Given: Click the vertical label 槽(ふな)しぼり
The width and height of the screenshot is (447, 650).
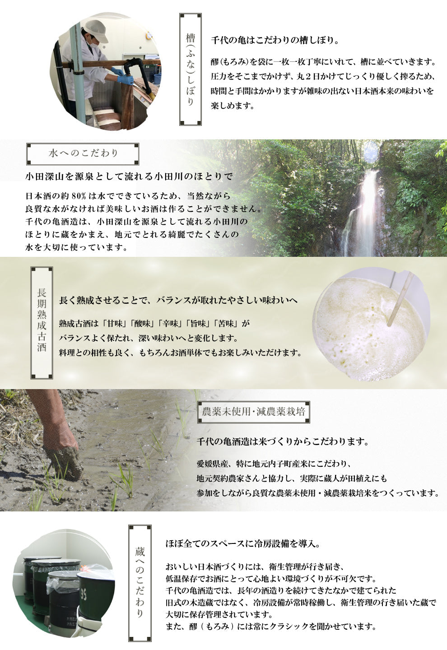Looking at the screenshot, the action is coord(191,70).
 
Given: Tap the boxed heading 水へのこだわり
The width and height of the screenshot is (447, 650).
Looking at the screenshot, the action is coord(83,153).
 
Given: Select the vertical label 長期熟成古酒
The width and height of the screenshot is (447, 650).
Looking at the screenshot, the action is coord(42,323).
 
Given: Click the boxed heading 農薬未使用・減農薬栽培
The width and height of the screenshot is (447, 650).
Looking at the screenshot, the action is coord(253,412).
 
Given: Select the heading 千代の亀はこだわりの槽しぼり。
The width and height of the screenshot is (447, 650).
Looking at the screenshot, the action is coord(275,40).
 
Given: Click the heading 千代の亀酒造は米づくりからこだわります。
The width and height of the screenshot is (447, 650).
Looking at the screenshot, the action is coord(283,442).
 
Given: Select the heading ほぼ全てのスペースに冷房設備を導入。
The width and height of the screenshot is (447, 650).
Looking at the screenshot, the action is coord(242,543).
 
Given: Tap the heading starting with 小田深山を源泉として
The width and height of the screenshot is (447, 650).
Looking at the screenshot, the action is coord(129,176).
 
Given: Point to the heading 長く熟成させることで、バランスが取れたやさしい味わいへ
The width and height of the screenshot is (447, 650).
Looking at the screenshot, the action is coord(178,300).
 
